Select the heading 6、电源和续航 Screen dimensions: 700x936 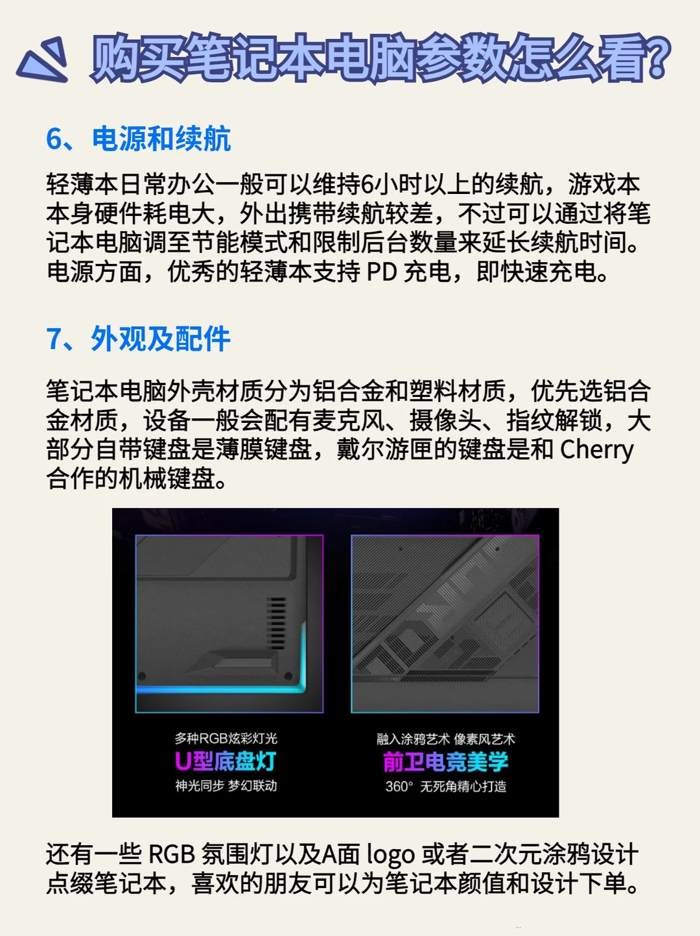[x=139, y=139]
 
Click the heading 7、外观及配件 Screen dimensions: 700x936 [x=139, y=339]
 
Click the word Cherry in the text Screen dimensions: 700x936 [x=597, y=451]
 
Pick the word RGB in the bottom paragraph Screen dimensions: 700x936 [x=172, y=854]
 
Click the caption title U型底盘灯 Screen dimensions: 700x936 [x=226, y=761]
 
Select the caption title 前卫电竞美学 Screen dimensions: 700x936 [x=446, y=762]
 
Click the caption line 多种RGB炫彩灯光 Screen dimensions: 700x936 [x=226, y=738]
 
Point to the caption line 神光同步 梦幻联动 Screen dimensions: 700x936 [x=226, y=786]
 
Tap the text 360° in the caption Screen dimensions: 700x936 [x=399, y=786]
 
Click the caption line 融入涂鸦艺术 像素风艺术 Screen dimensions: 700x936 [x=446, y=739]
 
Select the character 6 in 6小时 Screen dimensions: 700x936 [x=367, y=185]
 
